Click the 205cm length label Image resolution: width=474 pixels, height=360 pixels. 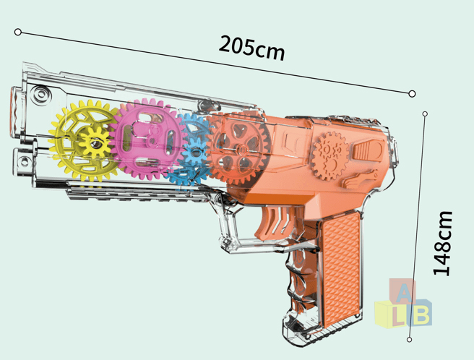click(x=251, y=48)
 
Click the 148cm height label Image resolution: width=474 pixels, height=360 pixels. click(x=442, y=243)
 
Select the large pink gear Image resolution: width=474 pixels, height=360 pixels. click(x=148, y=138)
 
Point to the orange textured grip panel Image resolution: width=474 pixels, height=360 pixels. click(x=341, y=269)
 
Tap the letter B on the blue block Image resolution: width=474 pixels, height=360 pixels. click(x=421, y=314)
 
